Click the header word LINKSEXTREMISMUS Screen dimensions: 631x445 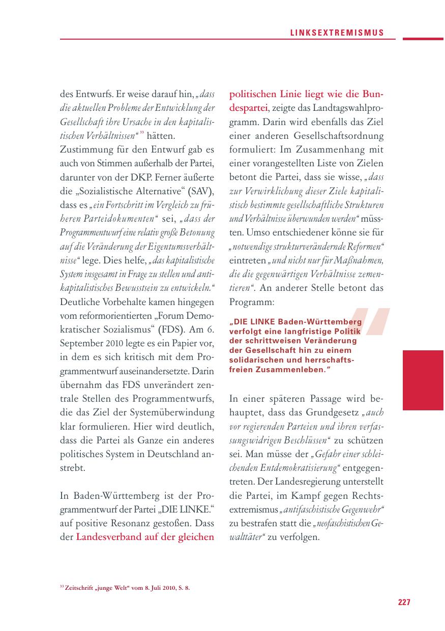click(337, 33)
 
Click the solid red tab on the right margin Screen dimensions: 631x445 click(423, 380)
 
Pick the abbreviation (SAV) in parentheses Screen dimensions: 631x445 click(202, 192)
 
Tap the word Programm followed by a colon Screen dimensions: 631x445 click(251, 302)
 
